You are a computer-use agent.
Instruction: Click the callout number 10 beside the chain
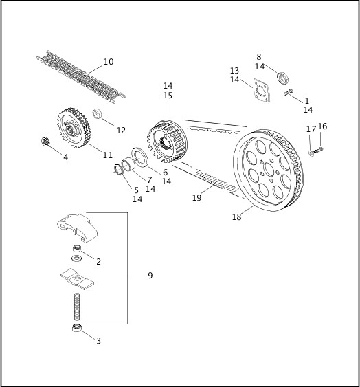108,62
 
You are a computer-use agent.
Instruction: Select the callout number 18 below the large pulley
236,217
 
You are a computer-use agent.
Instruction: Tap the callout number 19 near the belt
196,197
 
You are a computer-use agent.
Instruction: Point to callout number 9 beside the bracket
150,276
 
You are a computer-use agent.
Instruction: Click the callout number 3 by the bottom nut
98,340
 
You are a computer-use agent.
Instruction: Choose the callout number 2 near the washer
98,261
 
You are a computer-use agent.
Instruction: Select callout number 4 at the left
65,157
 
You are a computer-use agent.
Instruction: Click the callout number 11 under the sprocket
108,155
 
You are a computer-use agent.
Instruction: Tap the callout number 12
121,130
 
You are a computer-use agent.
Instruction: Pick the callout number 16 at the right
322,126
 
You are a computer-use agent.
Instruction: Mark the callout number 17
311,129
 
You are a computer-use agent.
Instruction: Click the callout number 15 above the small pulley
168,96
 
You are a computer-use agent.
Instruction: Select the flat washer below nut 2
76,258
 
